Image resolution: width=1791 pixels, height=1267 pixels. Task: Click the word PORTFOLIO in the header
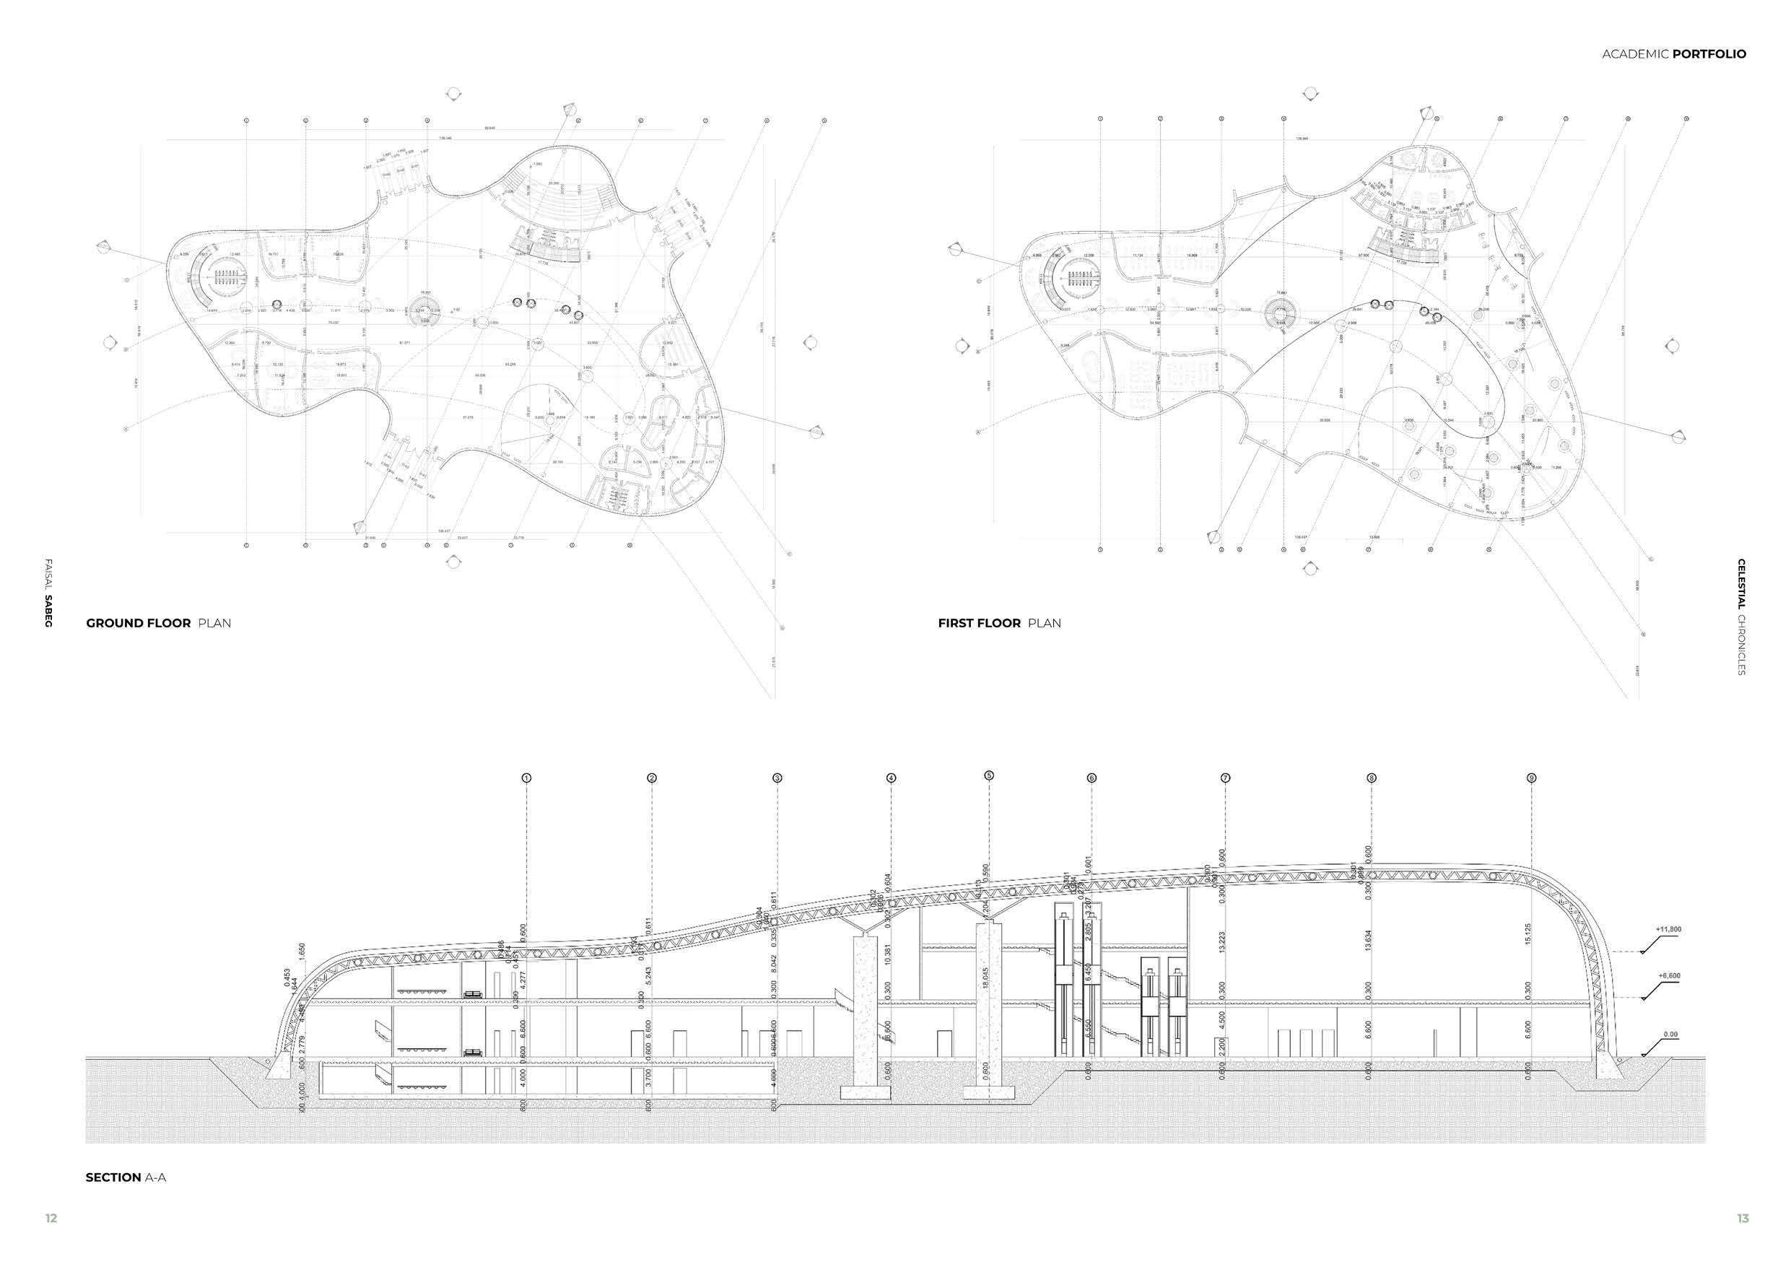tap(1709, 54)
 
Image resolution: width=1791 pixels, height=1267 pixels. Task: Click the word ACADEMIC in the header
tap(1635, 54)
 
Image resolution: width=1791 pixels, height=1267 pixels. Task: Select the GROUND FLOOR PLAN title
tap(158, 622)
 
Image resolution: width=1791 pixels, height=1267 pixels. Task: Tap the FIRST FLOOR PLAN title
tap(999, 622)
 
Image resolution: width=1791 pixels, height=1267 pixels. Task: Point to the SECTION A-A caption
tap(126, 1177)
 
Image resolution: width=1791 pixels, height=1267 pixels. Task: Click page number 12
tap(51, 1218)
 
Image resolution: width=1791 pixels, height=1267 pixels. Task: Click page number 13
tap(1743, 1218)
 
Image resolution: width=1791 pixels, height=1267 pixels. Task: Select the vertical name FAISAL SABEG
tap(48, 593)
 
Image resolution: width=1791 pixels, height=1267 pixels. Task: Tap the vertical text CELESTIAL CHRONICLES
tap(1741, 617)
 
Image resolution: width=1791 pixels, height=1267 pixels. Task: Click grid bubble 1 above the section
tap(526, 778)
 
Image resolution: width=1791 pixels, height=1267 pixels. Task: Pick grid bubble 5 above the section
tap(989, 775)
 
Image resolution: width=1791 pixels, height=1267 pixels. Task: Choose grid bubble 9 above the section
tap(1531, 778)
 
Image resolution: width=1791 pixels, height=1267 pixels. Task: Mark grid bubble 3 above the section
tap(777, 778)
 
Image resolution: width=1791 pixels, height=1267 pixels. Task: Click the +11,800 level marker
tap(1668, 929)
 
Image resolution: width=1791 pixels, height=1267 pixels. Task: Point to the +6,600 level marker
tap(1668, 975)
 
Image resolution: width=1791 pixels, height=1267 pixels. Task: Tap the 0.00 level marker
tap(1670, 1035)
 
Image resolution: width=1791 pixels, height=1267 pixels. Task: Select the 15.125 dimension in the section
tap(1528, 933)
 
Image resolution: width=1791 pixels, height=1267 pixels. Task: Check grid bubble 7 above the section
tap(1226, 778)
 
